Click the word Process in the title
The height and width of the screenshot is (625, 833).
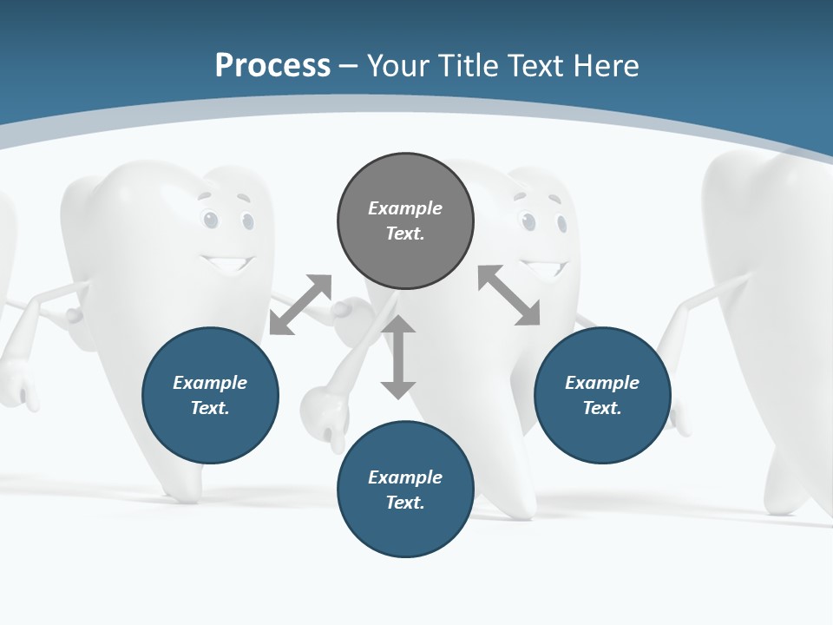[272, 66]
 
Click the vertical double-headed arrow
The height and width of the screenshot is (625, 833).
[398, 358]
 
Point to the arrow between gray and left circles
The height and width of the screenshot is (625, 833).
[301, 304]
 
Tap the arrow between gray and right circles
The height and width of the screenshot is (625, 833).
[508, 296]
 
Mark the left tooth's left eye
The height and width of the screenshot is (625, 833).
[209, 220]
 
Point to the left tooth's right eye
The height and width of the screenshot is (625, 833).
[247, 221]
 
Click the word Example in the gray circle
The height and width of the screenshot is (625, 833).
[405, 208]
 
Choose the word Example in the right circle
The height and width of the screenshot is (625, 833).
[602, 383]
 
